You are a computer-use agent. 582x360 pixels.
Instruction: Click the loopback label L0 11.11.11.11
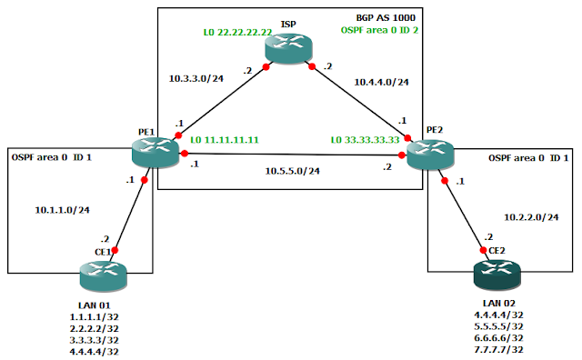pyautogui.click(x=226, y=141)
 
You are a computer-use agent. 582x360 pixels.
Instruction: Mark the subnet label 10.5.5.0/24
pyautogui.click(x=292, y=170)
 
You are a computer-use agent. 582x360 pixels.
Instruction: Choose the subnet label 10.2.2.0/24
pyautogui.click(x=530, y=216)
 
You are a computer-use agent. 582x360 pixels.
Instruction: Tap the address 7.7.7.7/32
pyautogui.click(x=493, y=349)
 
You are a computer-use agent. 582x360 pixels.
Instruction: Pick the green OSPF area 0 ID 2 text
pyautogui.click(x=381, y=29)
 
